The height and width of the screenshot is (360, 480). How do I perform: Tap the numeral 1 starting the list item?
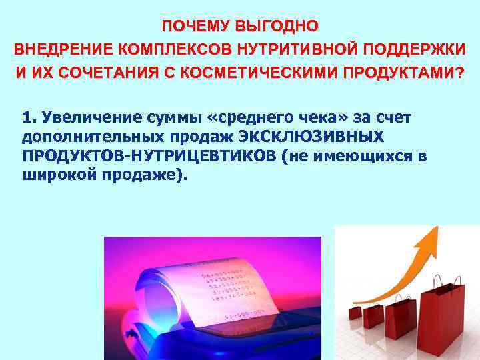(27, 118)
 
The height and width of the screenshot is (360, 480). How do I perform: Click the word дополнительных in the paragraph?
(90, 137)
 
